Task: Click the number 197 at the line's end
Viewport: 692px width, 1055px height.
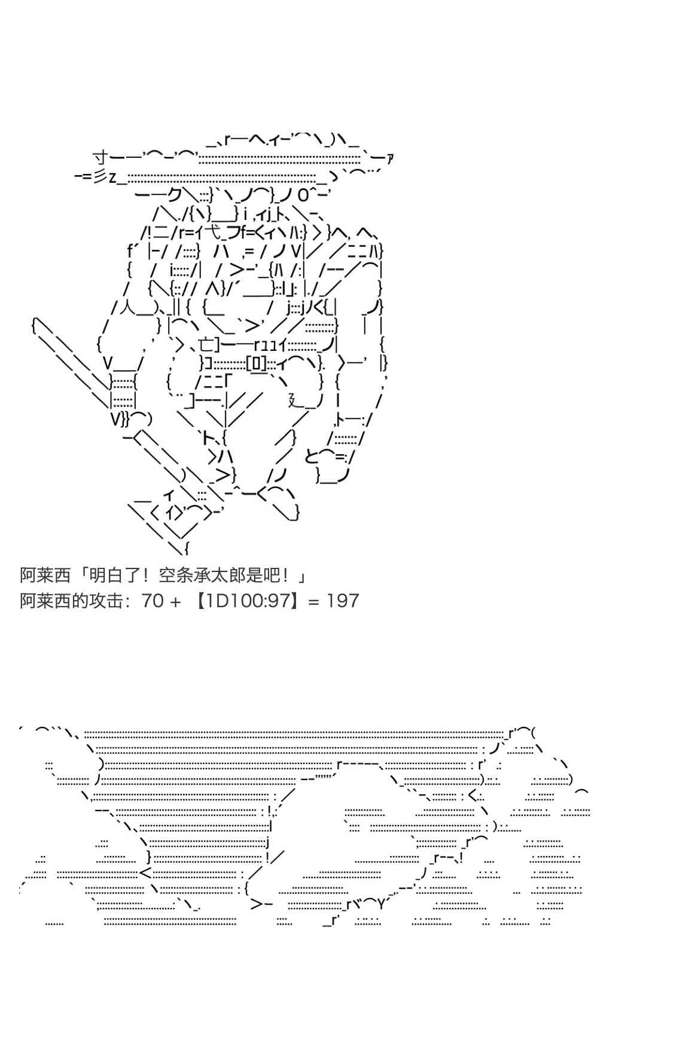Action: coord(343,601)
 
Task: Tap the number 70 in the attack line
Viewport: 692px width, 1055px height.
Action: coord(153,601)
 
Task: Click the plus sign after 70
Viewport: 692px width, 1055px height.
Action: coord(175,601)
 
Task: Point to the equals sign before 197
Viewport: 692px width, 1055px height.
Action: coord(314,601)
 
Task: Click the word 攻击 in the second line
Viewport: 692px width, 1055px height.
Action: coord(106,601)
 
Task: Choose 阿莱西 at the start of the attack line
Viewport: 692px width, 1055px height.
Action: coord(45,601)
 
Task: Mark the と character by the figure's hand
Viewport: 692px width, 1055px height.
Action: coord(312,457)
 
